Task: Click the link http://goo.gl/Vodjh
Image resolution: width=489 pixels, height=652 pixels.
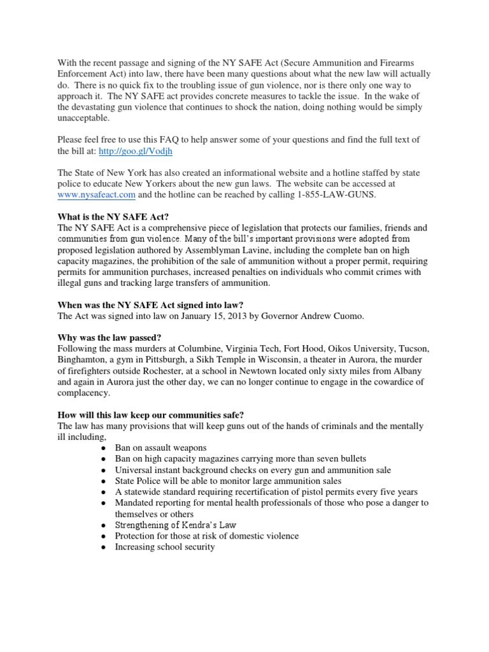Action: click(141, 152)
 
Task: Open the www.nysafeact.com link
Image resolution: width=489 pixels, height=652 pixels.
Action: click(96, 195)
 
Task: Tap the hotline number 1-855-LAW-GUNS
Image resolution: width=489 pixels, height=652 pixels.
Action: click(338, 195)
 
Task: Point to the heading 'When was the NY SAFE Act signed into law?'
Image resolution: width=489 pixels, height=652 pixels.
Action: click(151, 304)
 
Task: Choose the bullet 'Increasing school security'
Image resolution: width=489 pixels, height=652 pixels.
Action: click(165, 547)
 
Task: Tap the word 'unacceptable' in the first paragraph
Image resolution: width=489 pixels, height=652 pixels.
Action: click(83, 118)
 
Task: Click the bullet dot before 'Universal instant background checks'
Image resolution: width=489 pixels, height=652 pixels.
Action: click(104, 470)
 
